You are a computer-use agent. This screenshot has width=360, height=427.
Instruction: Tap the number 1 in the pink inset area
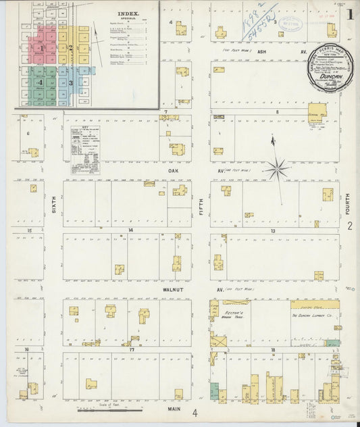[x=41, y=49]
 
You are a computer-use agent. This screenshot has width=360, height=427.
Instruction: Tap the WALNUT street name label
[x=174, y=288]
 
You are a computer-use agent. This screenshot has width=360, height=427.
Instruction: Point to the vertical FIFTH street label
[x=200, y=201]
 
